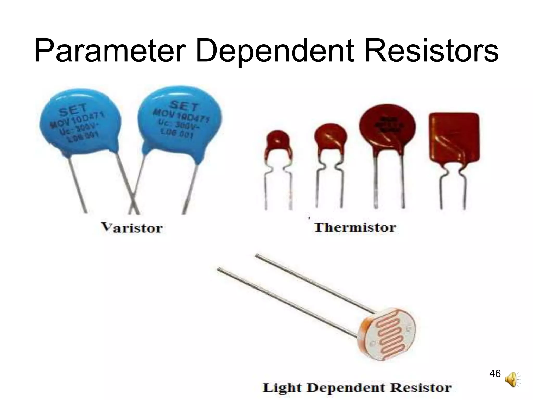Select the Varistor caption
click(x=132, y=228)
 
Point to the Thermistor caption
click(x=355, y=227)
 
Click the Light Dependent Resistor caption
click(x=357, y=387)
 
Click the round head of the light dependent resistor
click(x=388, y=336)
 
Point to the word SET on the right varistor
click(x=184, y=105)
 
